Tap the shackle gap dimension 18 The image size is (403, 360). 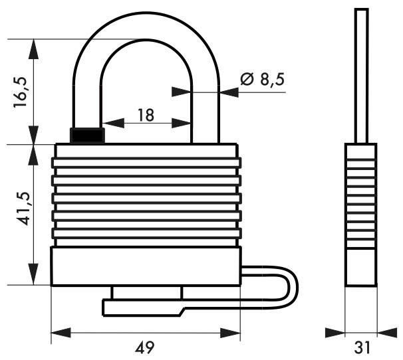click(146, 115)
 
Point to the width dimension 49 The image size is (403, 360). click(146, 346)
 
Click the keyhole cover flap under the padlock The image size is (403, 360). click(143, 306)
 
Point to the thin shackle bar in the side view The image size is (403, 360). click(361, 73)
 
